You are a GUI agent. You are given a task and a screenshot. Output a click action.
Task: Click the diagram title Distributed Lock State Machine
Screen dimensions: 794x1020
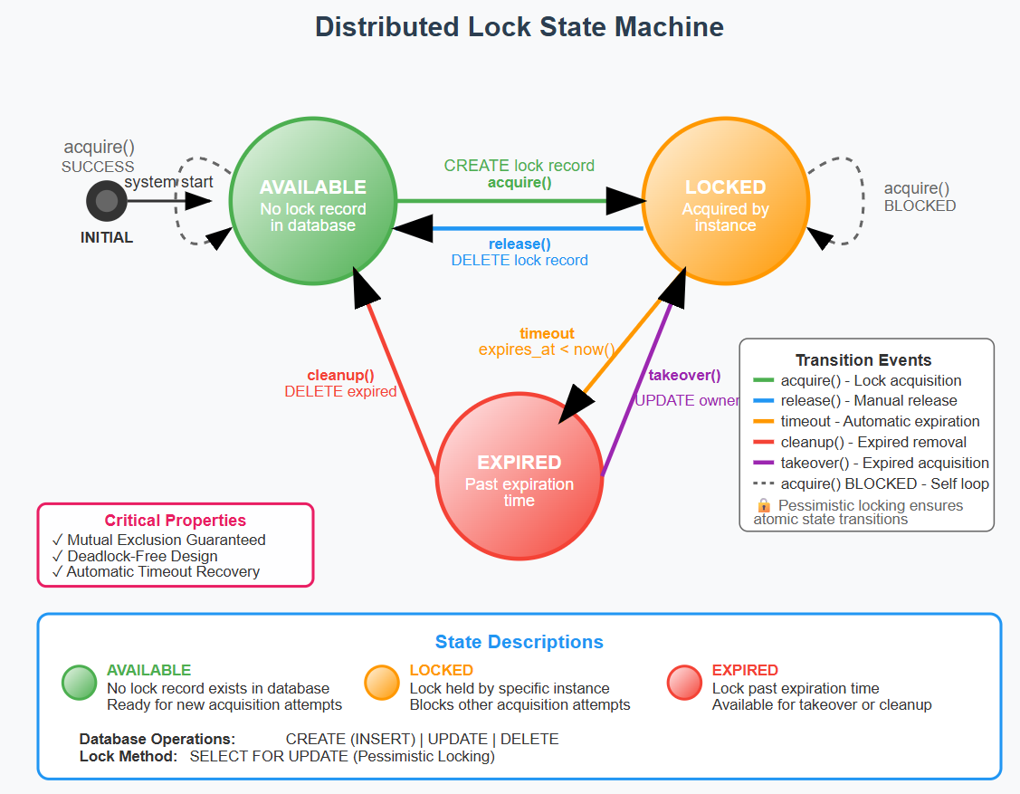(x=519, y=27)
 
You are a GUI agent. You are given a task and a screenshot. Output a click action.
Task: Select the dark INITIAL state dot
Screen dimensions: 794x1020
(x=107, y=201)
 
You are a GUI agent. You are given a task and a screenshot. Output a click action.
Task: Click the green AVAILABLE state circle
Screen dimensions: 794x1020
(x=312, y=202)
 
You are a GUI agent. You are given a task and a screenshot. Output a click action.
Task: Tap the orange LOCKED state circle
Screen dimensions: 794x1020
(x=725, y=202)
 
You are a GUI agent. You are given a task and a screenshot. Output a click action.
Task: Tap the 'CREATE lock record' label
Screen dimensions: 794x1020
(x=519, y=166)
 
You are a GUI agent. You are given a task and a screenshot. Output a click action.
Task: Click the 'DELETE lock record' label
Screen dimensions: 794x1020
(x=519, y=261)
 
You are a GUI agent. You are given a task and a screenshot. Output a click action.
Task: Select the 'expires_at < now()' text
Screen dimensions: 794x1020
(x=547, y=349)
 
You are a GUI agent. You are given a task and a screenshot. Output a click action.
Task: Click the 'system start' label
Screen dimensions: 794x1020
(x=168, y=182)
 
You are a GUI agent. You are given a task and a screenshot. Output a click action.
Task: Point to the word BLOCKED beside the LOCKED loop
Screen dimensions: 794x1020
(x=920, y=206)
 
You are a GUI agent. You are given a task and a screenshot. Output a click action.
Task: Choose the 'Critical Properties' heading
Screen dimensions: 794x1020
(x=175, y=521)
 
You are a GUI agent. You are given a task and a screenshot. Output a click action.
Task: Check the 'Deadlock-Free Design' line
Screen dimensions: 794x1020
(x=142, y=556)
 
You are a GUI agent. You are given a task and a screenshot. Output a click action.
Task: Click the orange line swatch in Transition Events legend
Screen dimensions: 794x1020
(x=763, y=422)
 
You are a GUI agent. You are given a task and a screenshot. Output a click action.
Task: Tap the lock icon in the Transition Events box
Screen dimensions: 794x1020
(x=763, y=505)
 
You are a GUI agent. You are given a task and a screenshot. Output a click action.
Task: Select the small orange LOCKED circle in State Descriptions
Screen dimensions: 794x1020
(x=381, y=683)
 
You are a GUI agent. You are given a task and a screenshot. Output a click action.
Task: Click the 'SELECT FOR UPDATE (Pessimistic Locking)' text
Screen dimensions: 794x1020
(x=342, y=756)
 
